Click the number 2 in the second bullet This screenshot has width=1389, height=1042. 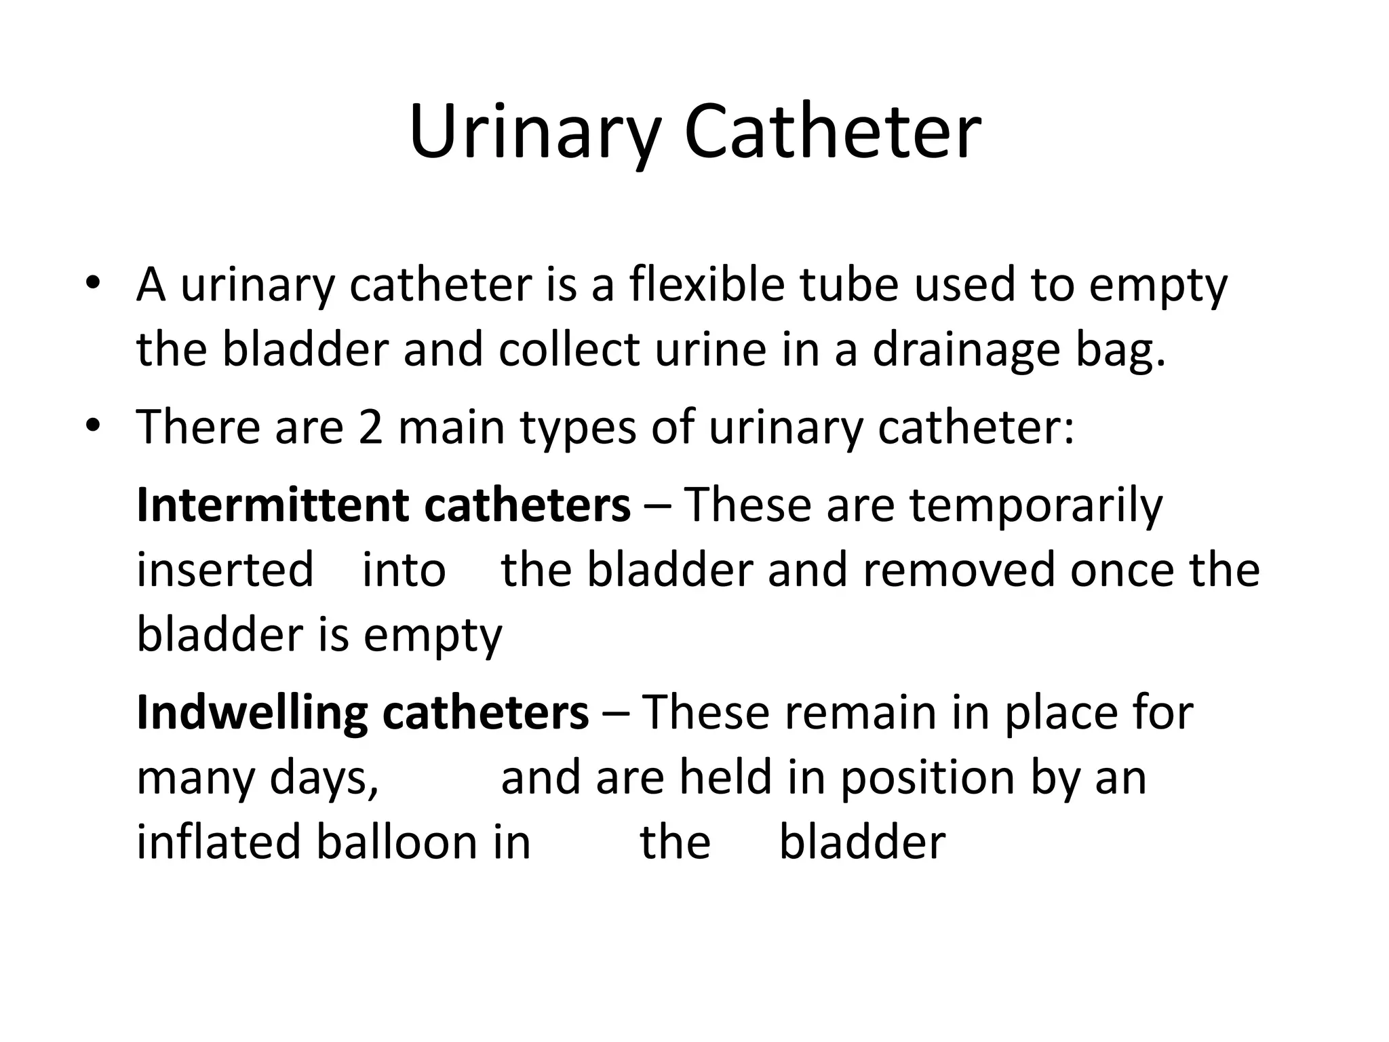tap(371, 428)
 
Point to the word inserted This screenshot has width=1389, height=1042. tap(225, 570)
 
